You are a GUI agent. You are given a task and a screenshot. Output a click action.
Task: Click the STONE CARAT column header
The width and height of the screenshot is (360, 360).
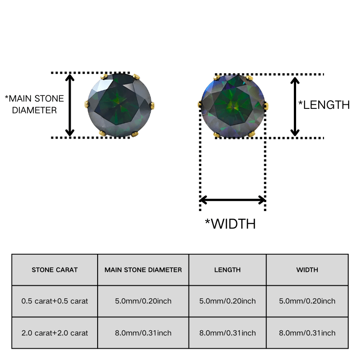click(x=54, y=270)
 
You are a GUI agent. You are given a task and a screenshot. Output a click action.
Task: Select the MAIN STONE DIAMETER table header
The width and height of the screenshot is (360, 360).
click(x=143, y=270)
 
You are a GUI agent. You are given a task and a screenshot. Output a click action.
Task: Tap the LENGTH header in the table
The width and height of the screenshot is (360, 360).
click(x=227, y=270)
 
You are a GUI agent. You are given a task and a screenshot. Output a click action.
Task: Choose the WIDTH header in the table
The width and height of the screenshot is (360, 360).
click(x=307, y=270)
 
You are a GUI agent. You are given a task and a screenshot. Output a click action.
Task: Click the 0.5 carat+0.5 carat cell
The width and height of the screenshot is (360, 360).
click(x=54, y=301)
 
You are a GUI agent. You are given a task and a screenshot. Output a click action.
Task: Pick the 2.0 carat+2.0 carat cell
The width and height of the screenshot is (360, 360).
click(x=54, y=333)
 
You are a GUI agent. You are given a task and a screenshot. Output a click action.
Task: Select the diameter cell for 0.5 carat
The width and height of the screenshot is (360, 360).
click(x=143, y=301)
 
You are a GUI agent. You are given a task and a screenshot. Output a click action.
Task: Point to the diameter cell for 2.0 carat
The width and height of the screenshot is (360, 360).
click(x=143, y=333)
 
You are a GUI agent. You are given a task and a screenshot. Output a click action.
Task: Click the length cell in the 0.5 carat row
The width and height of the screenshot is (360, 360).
click(x=227, y=301)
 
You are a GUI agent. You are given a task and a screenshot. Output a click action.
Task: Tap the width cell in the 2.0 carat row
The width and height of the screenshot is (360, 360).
click(x=307, y=333)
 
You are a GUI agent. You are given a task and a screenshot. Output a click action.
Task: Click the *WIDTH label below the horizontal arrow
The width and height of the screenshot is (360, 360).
click(x=230, y=224)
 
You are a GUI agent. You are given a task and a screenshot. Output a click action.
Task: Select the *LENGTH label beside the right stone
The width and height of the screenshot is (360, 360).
click(x=324, y=105)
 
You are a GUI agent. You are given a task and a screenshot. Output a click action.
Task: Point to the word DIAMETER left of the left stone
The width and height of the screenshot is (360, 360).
click(x=35, y=110)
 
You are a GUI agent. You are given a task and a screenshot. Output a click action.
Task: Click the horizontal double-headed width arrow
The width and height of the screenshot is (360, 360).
click(x=233, y=200)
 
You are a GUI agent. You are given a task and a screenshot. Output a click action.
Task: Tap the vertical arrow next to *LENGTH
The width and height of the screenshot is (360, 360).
click(x=295, y=107)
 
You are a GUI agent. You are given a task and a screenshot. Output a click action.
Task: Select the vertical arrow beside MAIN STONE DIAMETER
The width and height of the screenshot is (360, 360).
click(x=70, y=105)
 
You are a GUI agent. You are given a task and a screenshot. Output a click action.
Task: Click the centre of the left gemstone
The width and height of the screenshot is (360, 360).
click(x=119, y=105)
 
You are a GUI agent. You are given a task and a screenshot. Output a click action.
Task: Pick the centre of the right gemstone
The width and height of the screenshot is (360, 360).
click(x=233, y=106)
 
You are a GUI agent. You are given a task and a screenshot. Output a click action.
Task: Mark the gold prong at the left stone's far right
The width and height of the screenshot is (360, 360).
click(x=152, y=106)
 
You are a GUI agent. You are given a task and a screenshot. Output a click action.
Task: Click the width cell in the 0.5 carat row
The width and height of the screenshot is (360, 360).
click(x=307, y=301)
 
